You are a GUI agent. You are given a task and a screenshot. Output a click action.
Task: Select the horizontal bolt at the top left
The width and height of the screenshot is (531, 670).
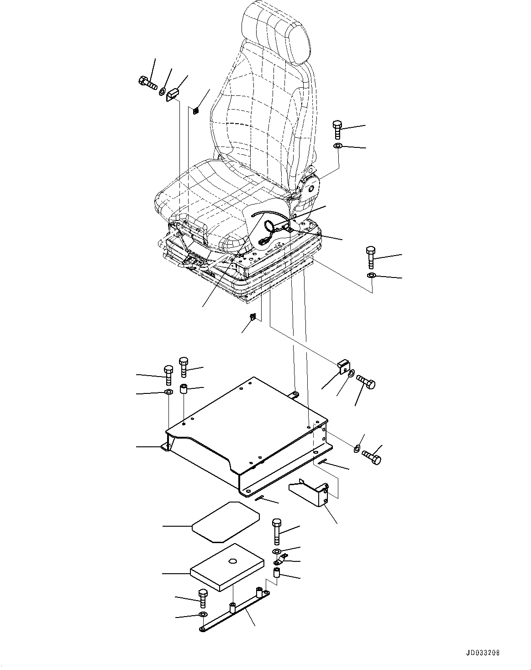point(147,83)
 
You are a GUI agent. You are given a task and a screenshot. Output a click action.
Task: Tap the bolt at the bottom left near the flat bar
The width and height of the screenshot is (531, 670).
point(202,597)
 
